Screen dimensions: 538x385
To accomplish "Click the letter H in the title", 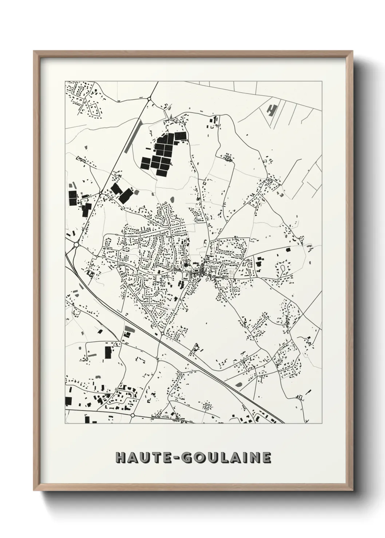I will pos(120,458).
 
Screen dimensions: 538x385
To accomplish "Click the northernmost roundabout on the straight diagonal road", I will pos(149,99).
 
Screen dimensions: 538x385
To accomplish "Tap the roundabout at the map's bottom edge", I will pos(133,415).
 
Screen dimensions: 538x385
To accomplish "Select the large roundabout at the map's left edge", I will pos(76,245).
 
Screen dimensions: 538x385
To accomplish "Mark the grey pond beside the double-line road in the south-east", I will pos(239,384).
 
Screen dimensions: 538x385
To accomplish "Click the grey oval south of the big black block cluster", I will pos(172,200).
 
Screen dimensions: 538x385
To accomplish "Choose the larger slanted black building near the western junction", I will pos(126,196).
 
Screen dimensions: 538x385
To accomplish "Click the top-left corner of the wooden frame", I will pos(34,51).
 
